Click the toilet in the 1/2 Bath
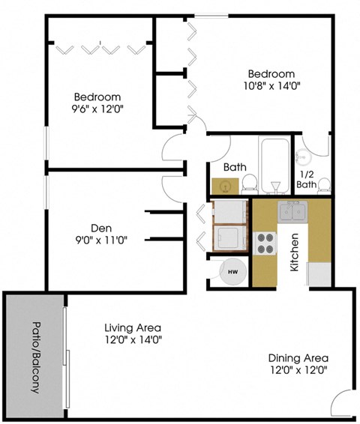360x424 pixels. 323,185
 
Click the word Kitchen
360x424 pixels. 295,250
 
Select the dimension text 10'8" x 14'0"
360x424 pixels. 271,87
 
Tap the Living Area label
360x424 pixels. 133,327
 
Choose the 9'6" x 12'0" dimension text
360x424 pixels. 97,109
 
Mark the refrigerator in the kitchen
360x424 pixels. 319,274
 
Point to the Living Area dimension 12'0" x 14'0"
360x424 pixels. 133,339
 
